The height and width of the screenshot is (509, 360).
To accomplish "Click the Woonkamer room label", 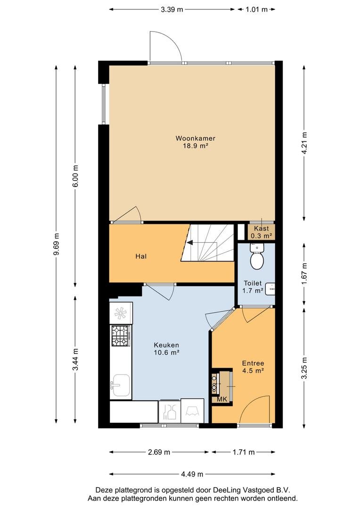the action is point(195,138).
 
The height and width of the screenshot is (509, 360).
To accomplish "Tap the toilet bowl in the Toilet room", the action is point(257,261).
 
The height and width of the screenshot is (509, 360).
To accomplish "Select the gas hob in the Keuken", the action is point(121,336).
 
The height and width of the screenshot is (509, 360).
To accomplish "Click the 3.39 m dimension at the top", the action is point(172,9).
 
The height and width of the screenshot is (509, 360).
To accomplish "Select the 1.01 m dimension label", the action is point(256,9).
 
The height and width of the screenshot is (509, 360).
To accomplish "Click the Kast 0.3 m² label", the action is point(262,232).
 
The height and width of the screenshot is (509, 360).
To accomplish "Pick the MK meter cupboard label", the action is point(222,399).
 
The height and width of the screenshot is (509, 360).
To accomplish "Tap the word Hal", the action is point(141,256).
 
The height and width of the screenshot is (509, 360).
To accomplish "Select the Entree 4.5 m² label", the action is point(253,367).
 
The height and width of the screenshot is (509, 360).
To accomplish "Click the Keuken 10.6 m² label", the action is point(166,349).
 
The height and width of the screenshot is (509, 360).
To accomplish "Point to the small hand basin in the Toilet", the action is point(270,289).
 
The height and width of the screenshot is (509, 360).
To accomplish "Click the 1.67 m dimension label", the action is point(304,274).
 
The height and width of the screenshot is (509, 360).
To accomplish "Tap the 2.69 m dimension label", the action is point(159,452).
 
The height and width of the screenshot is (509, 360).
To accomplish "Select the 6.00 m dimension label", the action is point(76,176).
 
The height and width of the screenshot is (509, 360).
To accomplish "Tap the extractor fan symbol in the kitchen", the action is point(121,313).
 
